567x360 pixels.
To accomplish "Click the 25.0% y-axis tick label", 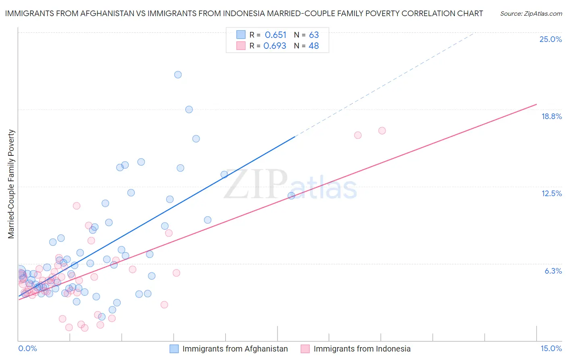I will [550, 39].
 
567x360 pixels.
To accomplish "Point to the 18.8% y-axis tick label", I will [551, 116].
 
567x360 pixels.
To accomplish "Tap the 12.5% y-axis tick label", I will [551, 193].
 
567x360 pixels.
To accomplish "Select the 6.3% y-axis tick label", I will [553, 271].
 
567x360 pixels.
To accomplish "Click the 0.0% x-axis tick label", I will [27, 348].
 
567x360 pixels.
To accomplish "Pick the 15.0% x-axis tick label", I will [551, 348].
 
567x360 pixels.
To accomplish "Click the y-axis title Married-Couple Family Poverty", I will [11, 184].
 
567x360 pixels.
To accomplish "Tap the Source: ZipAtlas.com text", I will [531, 14].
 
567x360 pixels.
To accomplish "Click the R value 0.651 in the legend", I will [275, 35].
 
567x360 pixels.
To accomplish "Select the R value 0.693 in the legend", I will [275, 46].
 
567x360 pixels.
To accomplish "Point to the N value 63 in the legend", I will [314, 35].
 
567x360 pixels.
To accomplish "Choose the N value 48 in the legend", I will [313, 46].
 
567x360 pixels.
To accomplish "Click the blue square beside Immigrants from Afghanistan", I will [174, 349].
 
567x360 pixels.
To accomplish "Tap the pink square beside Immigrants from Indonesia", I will [305, 349].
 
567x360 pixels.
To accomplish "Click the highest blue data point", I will [178, 75].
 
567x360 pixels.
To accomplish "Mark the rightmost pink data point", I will [382, 131].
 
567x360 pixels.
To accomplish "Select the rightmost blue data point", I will [291, 196].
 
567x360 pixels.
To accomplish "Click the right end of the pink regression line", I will [537, 104].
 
